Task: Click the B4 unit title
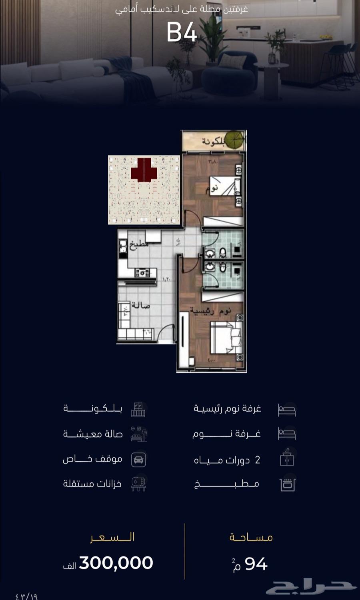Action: point(182,33)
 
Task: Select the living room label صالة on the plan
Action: point(141,306)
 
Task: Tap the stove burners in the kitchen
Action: point(142,273)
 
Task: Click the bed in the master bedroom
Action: point(226,338)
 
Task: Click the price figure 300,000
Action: point(116,563)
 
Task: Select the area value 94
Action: point(256,564)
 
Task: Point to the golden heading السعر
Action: point(112,537)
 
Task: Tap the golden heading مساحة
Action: point(251,537)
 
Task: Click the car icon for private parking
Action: point(138,460)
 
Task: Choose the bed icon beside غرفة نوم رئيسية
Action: point(287,410)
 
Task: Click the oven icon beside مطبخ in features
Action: point(287,484)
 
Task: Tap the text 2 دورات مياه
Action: point(227,460)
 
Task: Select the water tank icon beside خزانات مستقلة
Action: point(138,484)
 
